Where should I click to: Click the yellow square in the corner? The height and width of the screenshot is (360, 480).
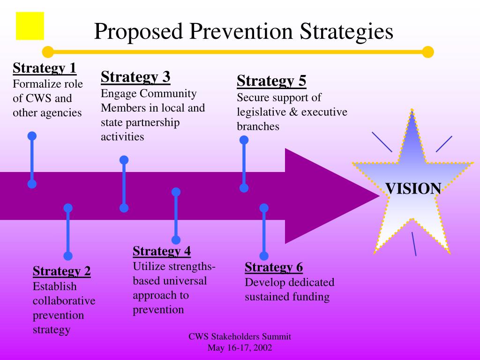click(30, 26)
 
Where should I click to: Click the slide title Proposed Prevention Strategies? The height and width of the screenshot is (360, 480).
click(243, 31)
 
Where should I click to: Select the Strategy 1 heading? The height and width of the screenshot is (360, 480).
click(45, 68)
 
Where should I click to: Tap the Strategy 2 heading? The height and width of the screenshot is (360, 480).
click(62, 271)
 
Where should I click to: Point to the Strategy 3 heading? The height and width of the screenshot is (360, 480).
click(135, 76)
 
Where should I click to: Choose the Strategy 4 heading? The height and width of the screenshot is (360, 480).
click(162, 251)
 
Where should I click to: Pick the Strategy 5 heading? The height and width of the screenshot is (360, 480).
click(271, 81)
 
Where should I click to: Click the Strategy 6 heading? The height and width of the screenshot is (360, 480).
click(274, 267)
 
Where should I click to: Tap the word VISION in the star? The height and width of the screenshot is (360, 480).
click(413, 188)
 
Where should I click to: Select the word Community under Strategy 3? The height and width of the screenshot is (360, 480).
click(167, 93)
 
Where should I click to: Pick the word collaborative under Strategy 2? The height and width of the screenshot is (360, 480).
click(64, 300)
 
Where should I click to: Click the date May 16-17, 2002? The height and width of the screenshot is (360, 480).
click(240, 348)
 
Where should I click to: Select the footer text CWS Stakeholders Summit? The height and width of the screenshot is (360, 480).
click(240, 337)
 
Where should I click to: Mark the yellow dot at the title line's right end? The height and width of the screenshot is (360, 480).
click(428, 52)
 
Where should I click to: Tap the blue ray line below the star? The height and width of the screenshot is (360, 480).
click(414, 244)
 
